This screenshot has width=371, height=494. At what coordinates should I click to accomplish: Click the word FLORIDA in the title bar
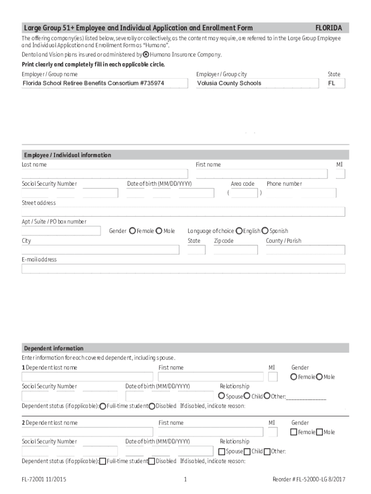(329, 28)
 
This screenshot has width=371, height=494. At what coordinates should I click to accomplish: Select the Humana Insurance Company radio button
(146, 55)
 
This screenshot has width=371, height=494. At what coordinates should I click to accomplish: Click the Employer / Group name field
(105, 83)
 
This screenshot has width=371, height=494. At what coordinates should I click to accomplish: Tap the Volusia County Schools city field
(257, 83)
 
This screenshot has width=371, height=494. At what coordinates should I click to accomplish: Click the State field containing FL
(335, 83)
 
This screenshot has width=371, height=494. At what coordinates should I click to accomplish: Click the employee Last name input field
(105, 174)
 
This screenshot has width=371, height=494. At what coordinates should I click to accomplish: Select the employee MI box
(340, 174)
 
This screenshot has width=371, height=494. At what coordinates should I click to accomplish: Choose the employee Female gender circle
(132, 231)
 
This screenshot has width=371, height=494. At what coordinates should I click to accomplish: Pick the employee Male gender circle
(159, 231)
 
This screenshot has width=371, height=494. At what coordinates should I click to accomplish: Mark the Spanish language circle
(265, 231)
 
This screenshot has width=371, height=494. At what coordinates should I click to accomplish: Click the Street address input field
(183, 212)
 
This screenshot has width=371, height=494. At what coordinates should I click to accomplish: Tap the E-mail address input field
(183, 269)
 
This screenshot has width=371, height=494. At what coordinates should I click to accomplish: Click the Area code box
(244, 193)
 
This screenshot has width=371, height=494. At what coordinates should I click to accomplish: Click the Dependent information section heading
(54, 348)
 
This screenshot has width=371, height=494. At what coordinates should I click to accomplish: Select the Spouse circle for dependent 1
(222, 396)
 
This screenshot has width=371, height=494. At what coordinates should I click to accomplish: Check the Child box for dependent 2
(247, 452)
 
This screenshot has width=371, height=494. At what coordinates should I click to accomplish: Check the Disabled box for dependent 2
(152, 461)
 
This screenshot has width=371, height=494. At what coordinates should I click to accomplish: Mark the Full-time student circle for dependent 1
(103, 406)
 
